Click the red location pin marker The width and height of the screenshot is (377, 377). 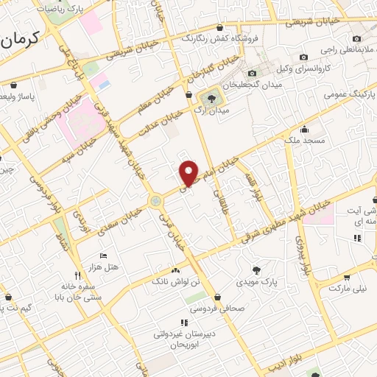coord(189,172)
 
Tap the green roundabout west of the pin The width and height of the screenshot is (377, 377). coord(155,201)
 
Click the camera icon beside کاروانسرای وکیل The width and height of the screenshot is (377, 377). coord(303,57)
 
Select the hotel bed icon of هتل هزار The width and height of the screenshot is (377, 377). coord(104,255)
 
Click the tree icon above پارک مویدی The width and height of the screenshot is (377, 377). coord(256,269)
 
